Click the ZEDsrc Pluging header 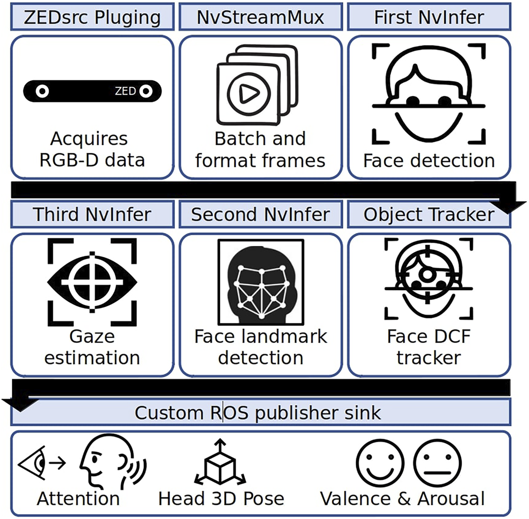tap(92, 17)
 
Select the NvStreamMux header tap(260, 17)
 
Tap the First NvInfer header tap(429, 17)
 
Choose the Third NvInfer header tap(92, 214)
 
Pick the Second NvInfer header tap(260, 214)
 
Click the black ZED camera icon tap(92, 91)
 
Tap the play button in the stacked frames tap(249, 95)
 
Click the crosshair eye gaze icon tap(92, 282)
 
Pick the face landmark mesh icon tap(260, 282)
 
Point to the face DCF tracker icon tap(429, 278)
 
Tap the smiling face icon tap(380, 463)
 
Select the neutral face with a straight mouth tap(437, 463)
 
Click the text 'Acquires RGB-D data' tap(92, 149)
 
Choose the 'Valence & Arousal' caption tap(402, 499)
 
